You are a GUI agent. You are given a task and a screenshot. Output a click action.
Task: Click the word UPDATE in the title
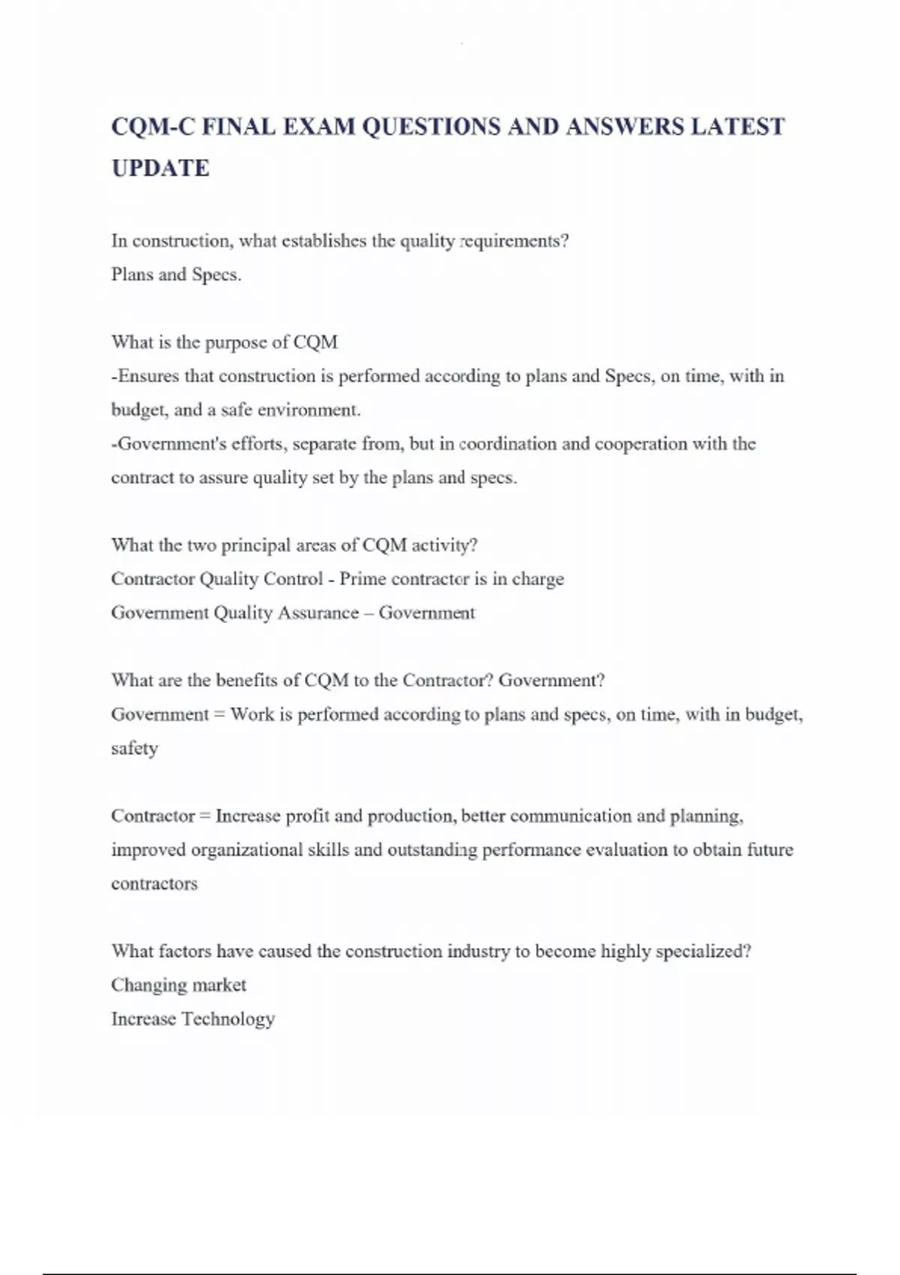tap(160, 168)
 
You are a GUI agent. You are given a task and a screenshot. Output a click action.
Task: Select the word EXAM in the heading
tap(319, 127)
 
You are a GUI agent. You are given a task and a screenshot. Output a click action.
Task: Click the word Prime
tap(363, 579)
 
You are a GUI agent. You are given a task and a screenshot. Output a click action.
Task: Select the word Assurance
tap(319, 613)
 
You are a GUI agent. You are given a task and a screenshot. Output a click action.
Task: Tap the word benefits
tap(257, 680)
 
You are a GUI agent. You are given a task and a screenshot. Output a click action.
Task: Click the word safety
tap(135, 748)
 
